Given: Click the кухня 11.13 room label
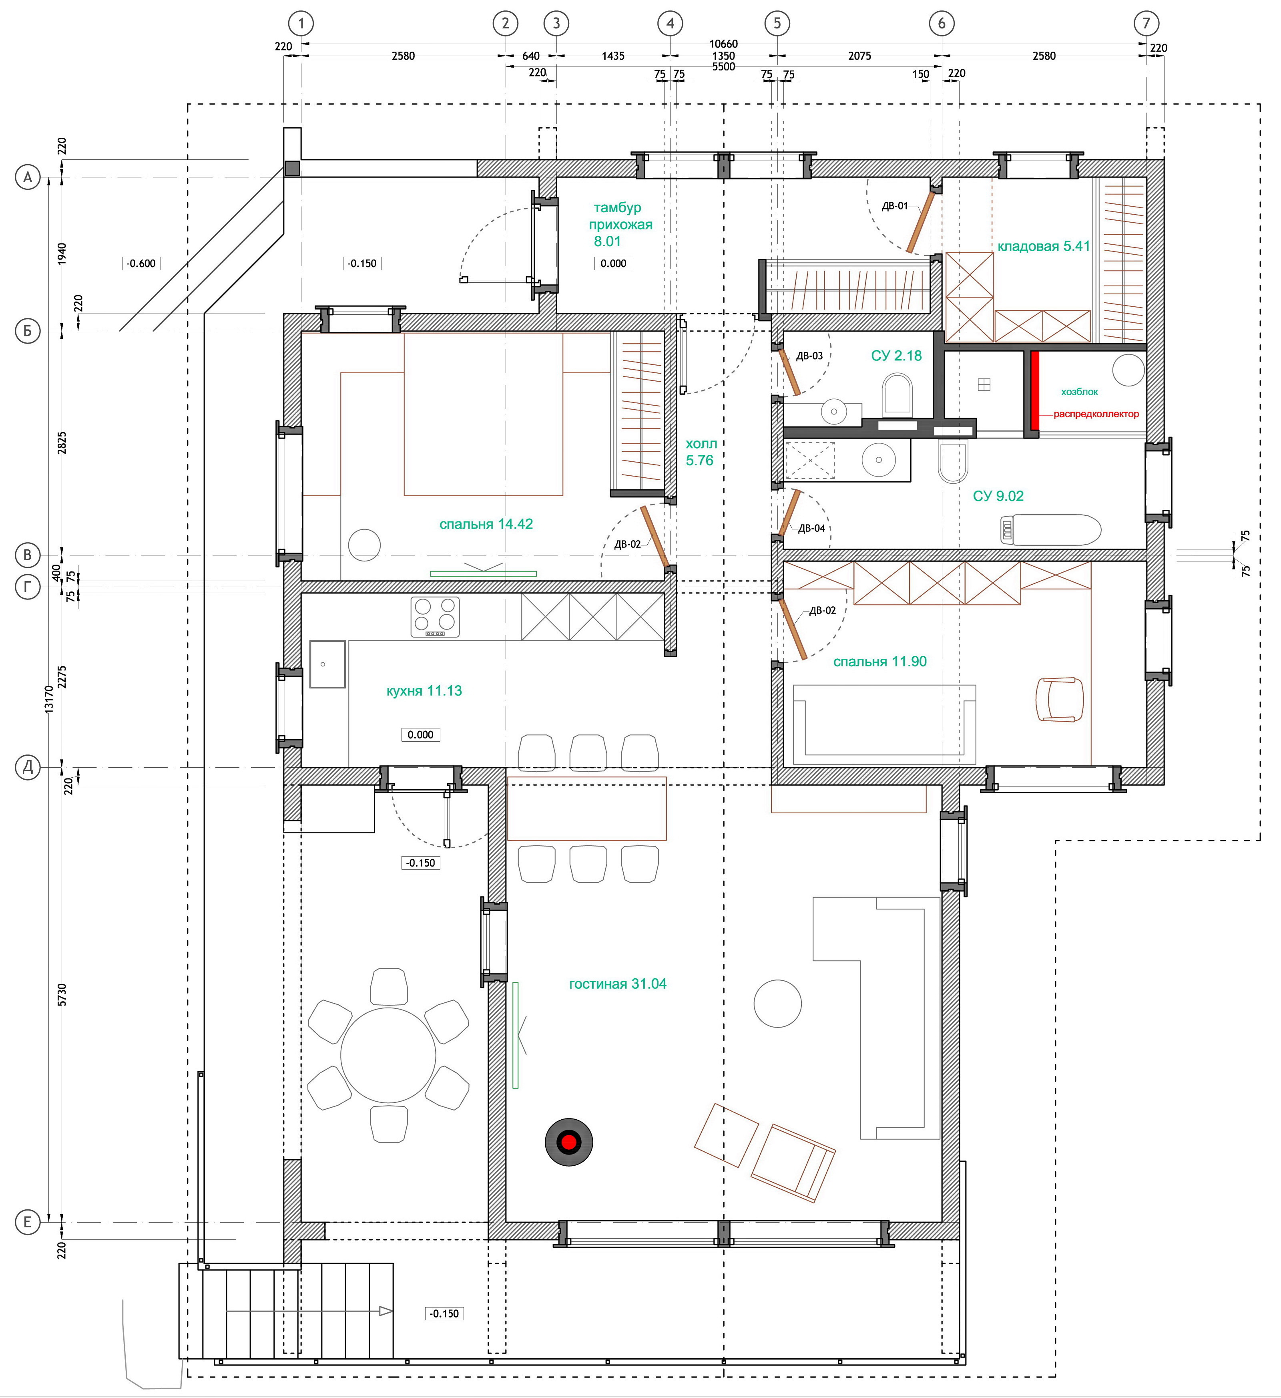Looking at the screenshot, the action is [x=424, y=691].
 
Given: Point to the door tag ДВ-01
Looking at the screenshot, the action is [x=894, y=206].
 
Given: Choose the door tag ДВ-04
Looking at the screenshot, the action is [x=812, y=529].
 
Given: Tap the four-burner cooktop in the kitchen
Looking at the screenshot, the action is [x=435, y=616].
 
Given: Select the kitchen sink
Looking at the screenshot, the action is [x=327, y=664].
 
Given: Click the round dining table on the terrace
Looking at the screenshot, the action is [x=388, y=1056].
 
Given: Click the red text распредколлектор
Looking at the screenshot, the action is [x=1096, y=414].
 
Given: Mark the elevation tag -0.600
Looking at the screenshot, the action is [x=141, y=264].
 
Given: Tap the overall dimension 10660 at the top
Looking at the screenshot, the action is [x=723, y=44].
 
